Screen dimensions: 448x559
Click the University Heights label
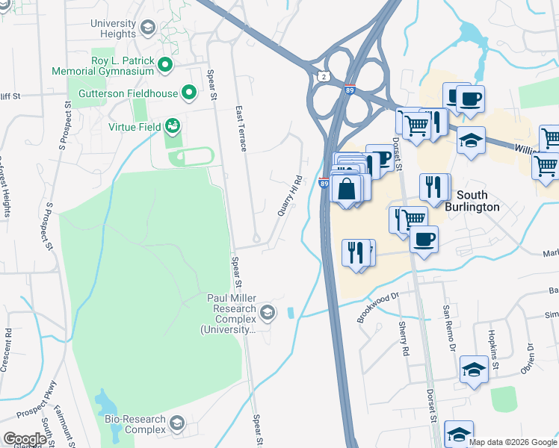(114, 28)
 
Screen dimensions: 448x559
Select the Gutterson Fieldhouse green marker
(189, 93)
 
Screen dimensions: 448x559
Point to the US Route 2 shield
(322, 77)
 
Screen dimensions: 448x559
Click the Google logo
(25, 439)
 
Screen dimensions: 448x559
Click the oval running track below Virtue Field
(191, 158)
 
